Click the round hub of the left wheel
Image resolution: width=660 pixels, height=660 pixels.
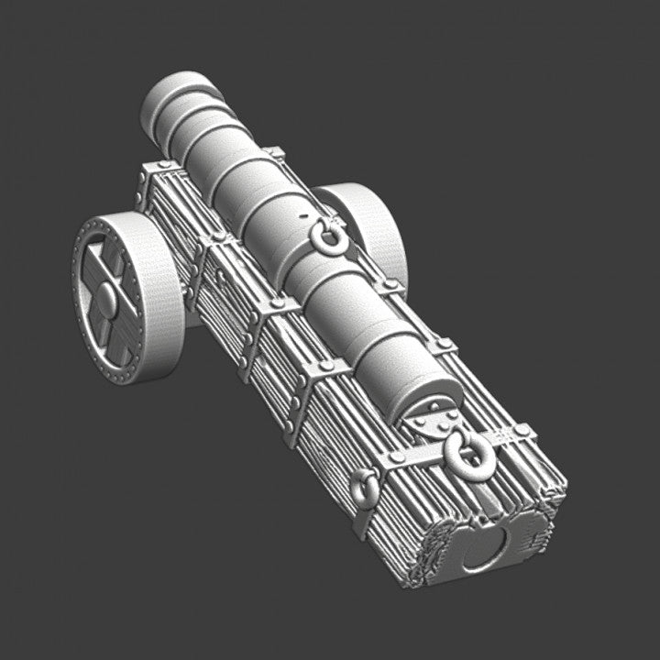108,298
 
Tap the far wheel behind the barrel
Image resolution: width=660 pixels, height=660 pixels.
371,229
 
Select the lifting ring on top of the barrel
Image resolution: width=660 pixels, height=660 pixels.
329,240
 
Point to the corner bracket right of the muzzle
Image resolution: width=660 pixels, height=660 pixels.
272,152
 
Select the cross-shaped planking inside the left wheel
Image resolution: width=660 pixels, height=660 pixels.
99,275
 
